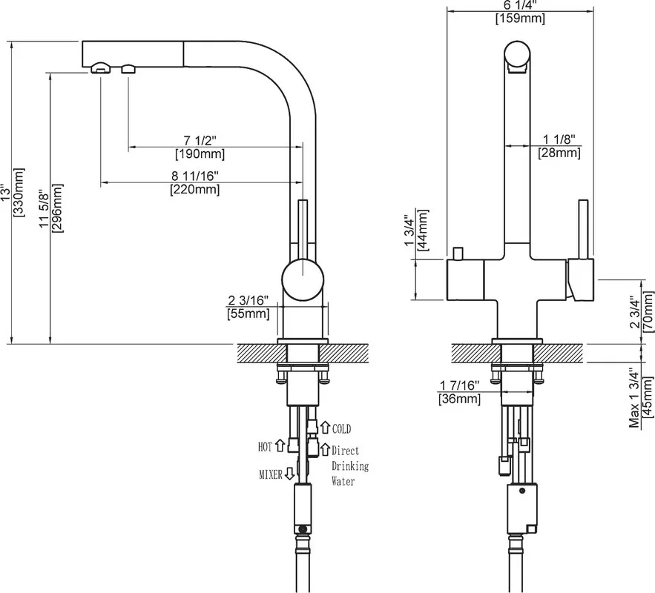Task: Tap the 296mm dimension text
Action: point(51,208)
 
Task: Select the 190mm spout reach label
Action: point(200,147)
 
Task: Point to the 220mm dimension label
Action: point(194,182)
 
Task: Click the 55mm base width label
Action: point(248,307)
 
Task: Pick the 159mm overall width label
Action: point(520,12)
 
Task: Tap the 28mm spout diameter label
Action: point(559,146)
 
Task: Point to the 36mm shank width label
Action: point(459,392)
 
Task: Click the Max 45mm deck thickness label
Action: point(641,397)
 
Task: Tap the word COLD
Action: point(341,428)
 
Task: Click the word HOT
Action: point(266,447)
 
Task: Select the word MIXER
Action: point(271,474)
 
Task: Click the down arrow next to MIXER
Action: point(289,474)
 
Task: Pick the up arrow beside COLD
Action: point(325,427)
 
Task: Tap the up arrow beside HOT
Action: point(280,445)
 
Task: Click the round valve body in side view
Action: point(303,279)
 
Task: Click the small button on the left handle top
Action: point(458,254)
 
